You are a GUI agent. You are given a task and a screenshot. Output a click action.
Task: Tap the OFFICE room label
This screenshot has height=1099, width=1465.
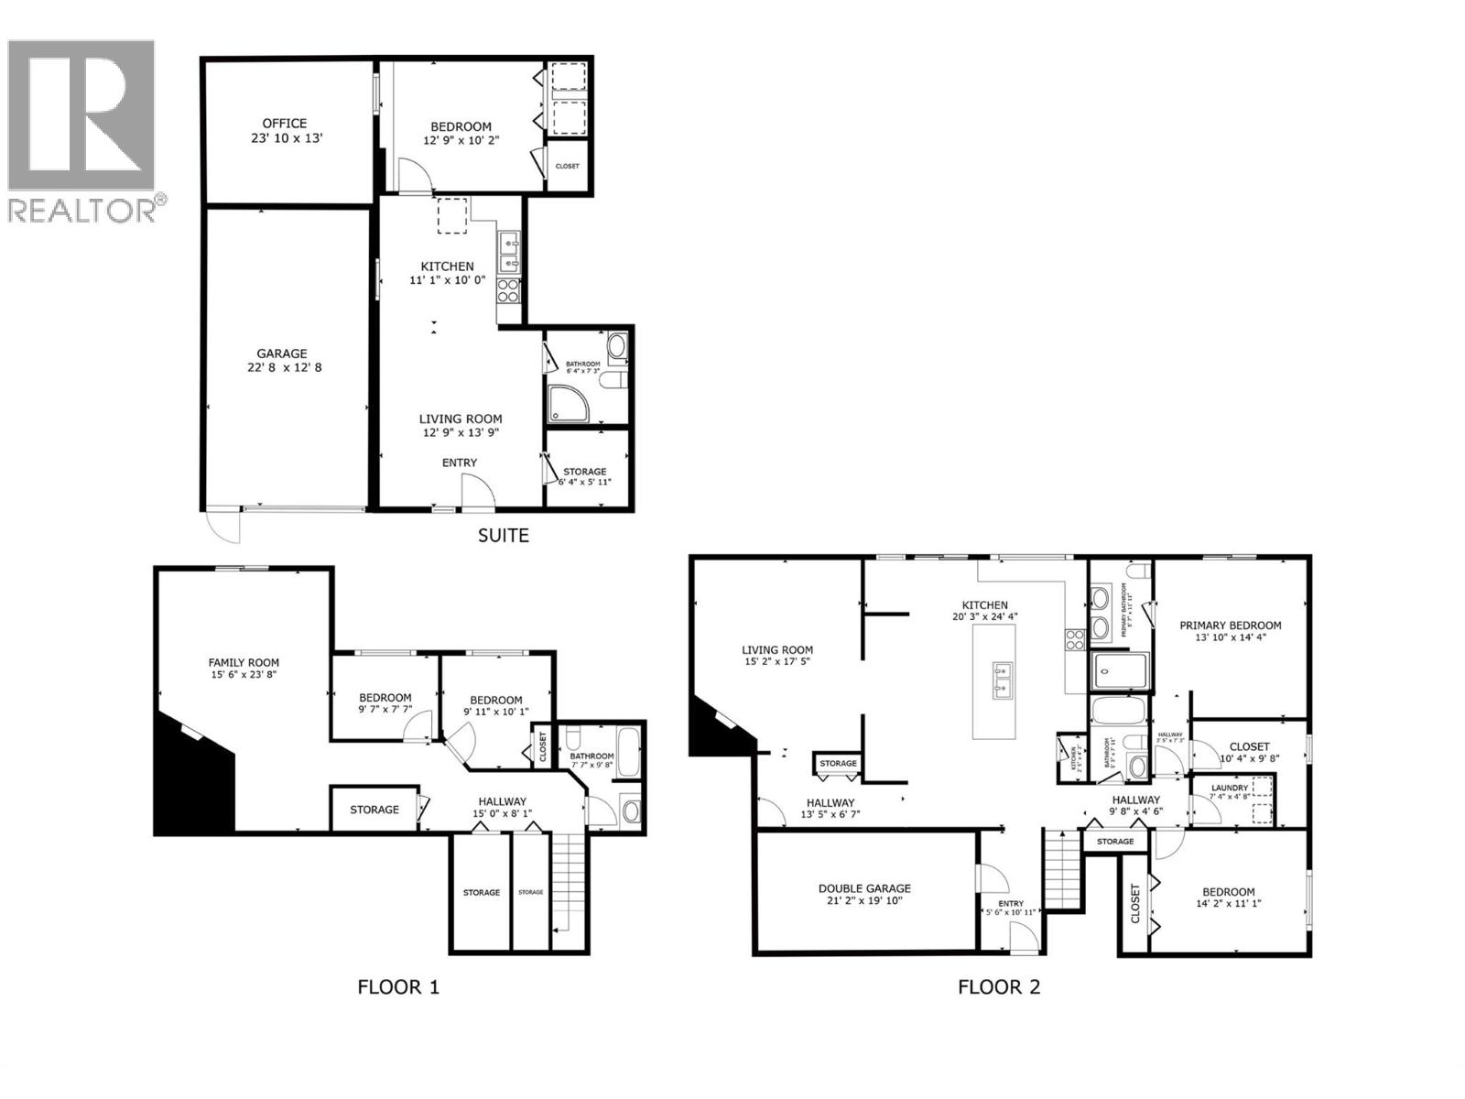pos(285,124)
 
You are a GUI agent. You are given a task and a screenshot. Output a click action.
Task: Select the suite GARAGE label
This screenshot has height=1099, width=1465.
pos(281,354)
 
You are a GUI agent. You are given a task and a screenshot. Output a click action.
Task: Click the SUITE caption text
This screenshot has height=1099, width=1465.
pos(503,536)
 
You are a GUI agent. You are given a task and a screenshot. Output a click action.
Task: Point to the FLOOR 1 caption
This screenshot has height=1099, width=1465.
pos(397,987)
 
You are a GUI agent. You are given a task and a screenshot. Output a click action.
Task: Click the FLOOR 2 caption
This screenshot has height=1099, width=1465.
pos(999,987)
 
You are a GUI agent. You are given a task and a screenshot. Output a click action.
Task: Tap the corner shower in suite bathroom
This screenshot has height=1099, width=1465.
pos(567,404)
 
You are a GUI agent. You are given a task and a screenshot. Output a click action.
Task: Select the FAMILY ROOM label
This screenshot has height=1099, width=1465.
pos(244,663)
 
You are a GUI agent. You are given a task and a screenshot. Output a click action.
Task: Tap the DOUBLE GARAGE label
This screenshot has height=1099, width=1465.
pos(864,888)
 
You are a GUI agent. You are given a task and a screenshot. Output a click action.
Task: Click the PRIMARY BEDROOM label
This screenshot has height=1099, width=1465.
pos(1230,626)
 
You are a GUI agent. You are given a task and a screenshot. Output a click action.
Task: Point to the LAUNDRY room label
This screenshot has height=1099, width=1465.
pos(1229,788)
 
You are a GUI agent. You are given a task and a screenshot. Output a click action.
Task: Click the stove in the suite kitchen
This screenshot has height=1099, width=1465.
pos(508,291)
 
